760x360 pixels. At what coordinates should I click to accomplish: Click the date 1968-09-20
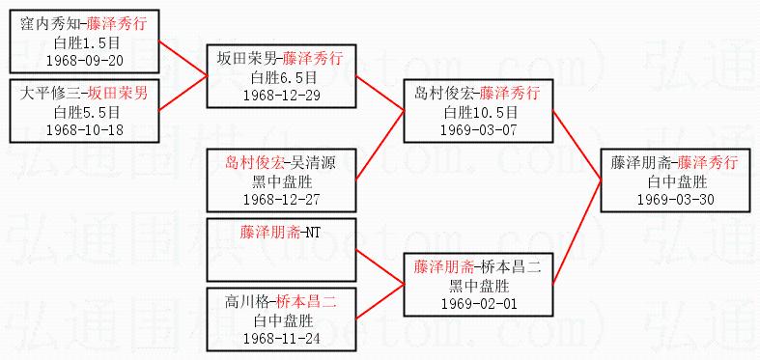pos(85,61)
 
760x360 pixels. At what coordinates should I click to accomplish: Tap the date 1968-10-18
pos(85,130)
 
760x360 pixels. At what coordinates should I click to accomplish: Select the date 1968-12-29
pos(282,96)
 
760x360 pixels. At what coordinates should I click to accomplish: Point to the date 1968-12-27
pos(282,200)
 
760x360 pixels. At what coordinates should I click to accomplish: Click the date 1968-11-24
pos(282,338)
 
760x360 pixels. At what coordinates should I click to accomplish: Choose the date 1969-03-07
pos(479,130)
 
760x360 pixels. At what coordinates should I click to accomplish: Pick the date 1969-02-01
pos(479,303)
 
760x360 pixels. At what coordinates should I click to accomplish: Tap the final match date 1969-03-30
pos(676,200)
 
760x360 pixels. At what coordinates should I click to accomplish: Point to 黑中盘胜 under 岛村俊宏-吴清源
pos(282,181)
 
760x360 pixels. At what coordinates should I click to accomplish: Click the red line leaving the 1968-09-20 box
pos(183,58)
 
